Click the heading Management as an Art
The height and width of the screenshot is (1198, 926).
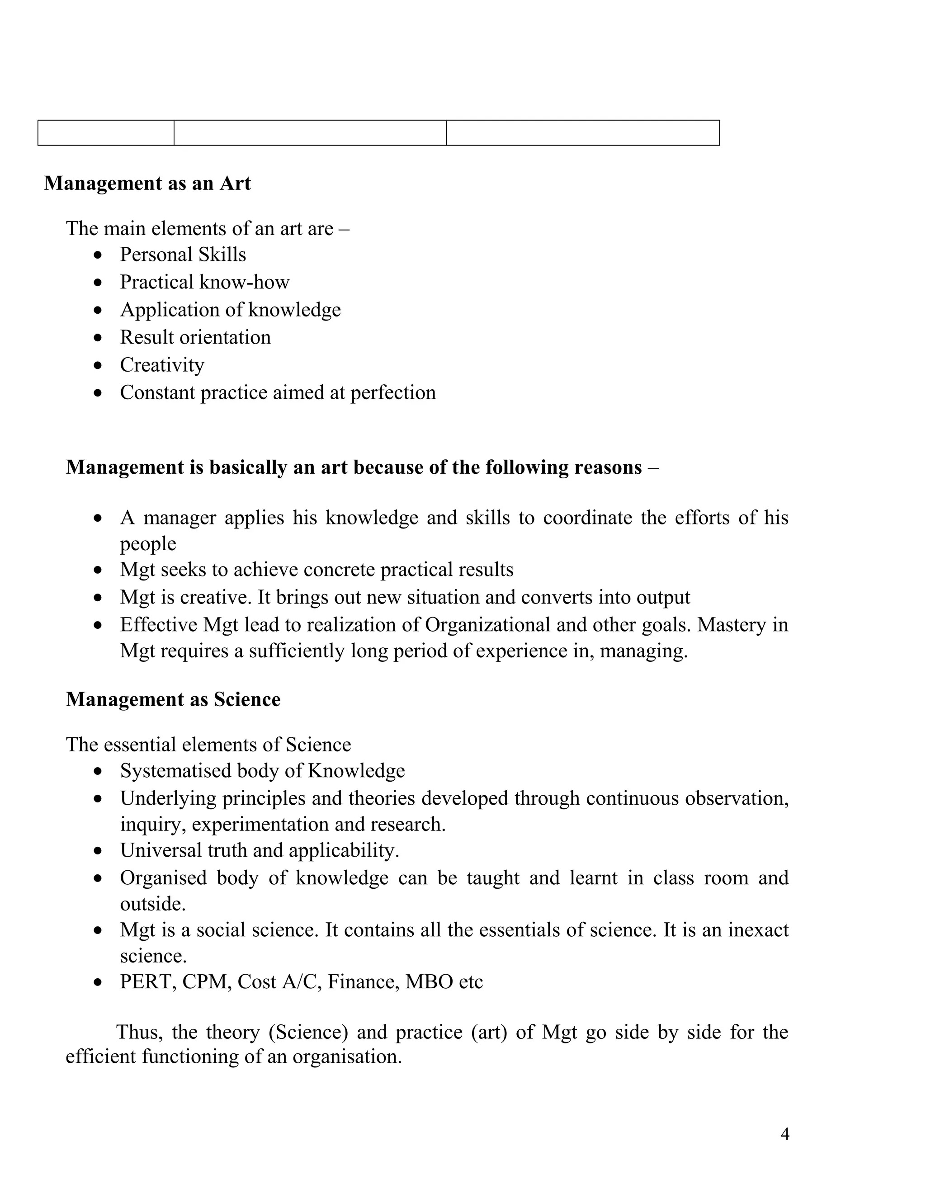coord(147,183)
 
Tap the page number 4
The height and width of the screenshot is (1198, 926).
coord(784,1134)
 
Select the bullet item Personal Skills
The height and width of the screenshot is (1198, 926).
coord(183,255)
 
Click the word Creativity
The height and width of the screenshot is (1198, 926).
coord(162,365)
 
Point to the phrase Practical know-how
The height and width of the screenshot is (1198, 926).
coord(205,282)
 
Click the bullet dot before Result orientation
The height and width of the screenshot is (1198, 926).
coord(98,338)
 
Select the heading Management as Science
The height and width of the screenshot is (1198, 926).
coord(173,699)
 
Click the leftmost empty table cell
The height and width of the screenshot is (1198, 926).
coord(106,133)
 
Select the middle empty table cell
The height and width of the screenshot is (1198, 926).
coord(310,133)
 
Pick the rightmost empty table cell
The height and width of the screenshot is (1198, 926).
coord(582,133)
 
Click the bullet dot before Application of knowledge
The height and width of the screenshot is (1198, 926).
coord(98,311)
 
